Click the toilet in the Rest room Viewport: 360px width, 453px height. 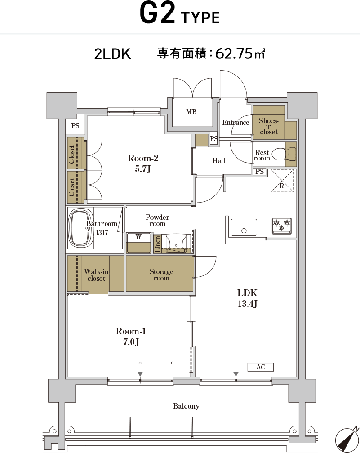(284, 154)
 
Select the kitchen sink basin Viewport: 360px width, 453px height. (244, 228)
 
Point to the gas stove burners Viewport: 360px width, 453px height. (282, 225)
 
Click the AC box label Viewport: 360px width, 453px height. (261, 367)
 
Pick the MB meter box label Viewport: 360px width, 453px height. (191, 112)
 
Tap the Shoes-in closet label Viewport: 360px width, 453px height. (268, 126)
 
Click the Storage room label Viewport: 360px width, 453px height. (161, 275)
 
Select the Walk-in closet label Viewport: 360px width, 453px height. (96, 275)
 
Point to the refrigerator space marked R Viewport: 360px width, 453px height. (282, 181)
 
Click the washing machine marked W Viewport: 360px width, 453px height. (139, 243)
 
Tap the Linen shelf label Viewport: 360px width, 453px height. (157, 244)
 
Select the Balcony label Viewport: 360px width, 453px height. (186, 406)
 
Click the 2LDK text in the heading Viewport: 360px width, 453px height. (112, 54)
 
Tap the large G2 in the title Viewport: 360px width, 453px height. (157, 13)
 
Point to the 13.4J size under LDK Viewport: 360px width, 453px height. (247, 304)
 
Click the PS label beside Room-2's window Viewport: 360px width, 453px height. (75, 126)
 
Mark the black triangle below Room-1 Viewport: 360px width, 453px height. (140, 374)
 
